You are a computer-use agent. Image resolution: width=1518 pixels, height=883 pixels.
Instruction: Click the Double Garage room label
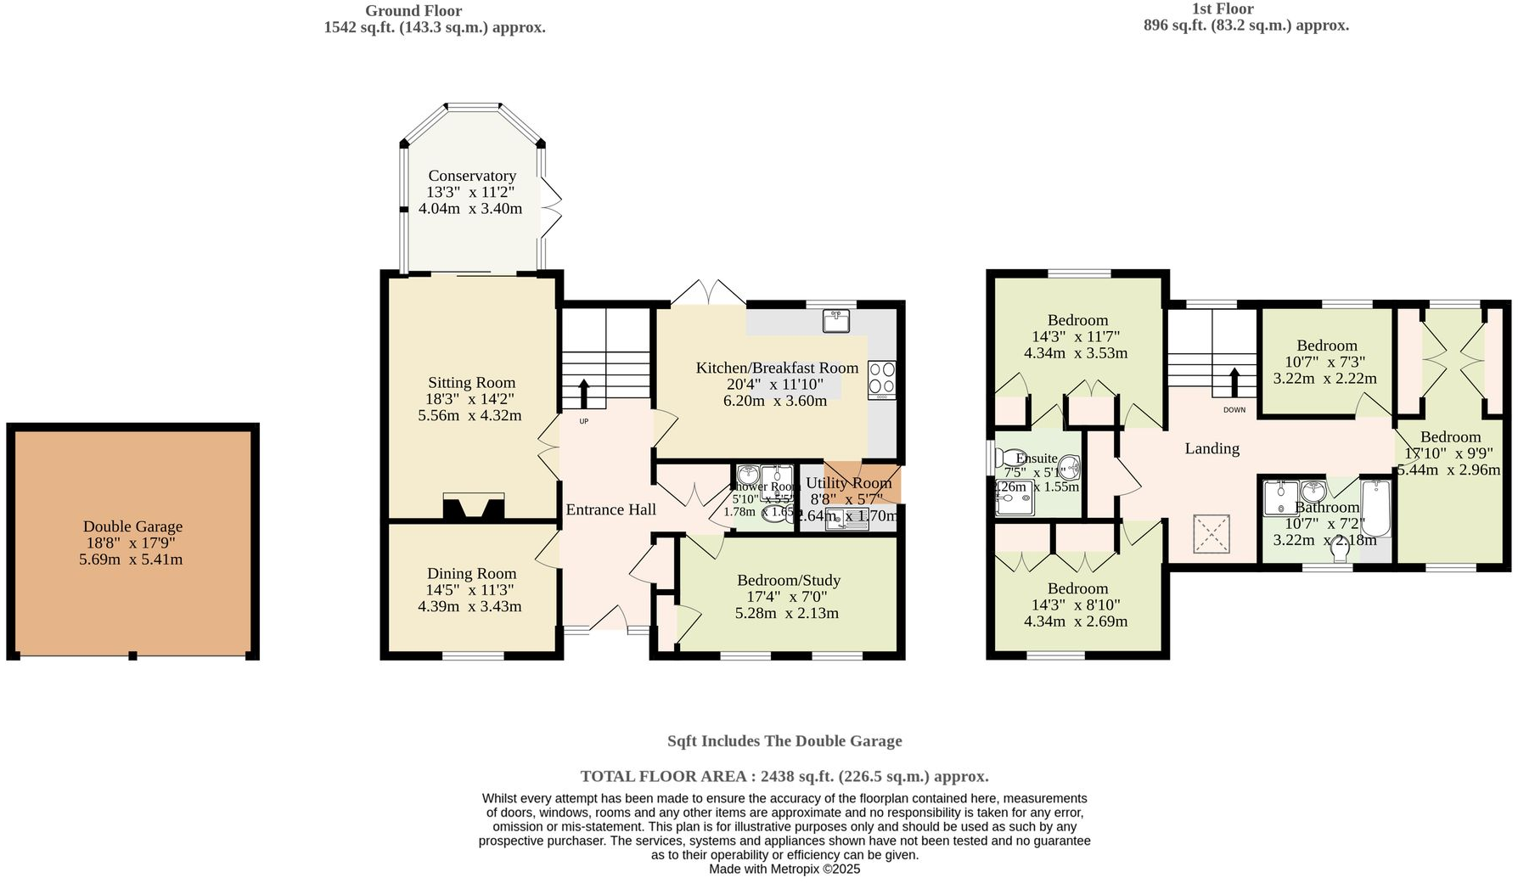(132, 526)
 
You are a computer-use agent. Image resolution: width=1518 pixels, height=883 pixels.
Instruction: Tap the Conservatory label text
(472, 176)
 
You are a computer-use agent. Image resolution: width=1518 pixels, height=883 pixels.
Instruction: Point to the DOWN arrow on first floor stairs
(1234, 382)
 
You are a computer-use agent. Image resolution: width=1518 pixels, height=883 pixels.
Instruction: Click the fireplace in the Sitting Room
(473, 506)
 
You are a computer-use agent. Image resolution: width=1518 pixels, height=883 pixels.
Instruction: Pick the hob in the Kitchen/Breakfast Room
(882, 380)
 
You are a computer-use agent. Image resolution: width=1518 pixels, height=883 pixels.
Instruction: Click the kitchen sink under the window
(835, 321)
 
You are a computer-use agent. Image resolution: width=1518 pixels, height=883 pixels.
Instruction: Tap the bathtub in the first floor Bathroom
(1375, 508)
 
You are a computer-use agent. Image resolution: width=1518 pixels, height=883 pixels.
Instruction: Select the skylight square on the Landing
(1212, 534)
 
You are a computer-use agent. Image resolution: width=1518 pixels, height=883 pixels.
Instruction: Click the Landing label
(1212, 448)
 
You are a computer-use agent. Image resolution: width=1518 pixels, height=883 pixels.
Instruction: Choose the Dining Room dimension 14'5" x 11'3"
(469, 590)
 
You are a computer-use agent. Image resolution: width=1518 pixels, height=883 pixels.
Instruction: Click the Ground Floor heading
(413, 11)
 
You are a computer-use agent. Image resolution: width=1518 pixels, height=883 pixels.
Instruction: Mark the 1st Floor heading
(1223, 9)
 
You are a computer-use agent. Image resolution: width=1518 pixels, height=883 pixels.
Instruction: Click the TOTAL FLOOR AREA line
(784, 776)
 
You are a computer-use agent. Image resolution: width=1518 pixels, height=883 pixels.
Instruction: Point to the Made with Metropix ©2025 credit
(784, 869)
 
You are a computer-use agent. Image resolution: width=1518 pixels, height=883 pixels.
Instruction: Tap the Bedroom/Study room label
(788, 580)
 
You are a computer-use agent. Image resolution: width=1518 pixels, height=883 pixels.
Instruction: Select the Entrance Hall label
(610, 509)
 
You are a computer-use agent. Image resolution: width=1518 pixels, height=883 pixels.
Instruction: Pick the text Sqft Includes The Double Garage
(784, 740)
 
